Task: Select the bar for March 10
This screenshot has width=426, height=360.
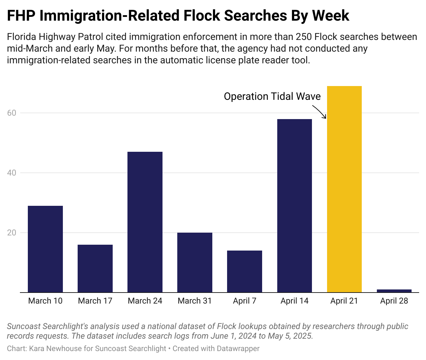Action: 45,249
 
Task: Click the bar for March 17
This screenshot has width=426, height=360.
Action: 95,268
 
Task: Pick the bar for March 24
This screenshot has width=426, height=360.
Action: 145,222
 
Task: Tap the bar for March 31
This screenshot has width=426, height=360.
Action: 195,262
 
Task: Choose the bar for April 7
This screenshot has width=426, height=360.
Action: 245,271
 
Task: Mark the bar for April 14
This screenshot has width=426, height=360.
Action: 294,206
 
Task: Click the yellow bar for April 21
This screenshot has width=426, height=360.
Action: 344,189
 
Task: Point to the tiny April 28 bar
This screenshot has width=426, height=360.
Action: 394,291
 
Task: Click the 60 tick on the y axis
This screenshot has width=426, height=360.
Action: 12,113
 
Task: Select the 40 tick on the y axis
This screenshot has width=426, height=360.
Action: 12,173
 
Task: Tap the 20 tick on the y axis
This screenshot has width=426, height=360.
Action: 12,233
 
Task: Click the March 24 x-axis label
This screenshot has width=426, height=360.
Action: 145,301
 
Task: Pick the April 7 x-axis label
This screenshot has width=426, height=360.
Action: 245,301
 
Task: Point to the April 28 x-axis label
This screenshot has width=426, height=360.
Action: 394,301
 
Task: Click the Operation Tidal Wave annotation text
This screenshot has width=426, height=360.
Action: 272,96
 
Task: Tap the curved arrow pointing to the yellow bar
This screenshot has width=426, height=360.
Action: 319,112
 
